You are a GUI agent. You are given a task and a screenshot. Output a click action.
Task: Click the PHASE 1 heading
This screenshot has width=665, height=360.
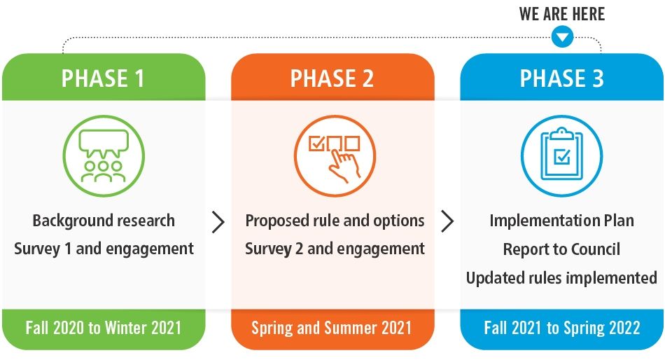click(103, 78)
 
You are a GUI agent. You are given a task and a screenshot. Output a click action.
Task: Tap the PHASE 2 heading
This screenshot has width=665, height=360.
click(332, 78)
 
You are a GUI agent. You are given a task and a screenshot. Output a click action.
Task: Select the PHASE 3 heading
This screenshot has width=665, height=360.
click(562, 78)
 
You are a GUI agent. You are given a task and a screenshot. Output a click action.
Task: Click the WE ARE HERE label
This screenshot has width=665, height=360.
click(562, 14)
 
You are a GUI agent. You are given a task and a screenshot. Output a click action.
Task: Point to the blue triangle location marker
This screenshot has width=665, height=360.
click(562, 37)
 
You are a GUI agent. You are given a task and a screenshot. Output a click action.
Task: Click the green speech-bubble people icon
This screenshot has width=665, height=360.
click(104, 155)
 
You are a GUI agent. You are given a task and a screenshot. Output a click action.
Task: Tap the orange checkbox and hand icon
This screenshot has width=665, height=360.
click(335, 155)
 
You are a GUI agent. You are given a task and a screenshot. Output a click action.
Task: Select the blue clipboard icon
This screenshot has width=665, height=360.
click(562, 155)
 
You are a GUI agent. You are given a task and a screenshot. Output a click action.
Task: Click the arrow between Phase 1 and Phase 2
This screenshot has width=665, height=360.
click(218, 221)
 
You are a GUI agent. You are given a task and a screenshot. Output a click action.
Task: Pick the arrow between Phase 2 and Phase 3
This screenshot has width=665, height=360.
click(447, 221)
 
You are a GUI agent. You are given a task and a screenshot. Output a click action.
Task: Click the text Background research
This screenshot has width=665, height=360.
click(104, 221)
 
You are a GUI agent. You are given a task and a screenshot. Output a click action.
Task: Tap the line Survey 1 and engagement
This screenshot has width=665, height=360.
click(104, 249)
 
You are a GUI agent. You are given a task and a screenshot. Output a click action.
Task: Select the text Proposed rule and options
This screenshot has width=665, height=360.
click(335, 221)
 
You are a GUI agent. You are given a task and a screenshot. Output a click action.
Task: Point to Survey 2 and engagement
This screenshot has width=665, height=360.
click(335, 249)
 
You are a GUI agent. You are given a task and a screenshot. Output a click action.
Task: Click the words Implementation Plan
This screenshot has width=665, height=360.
click(562, 221)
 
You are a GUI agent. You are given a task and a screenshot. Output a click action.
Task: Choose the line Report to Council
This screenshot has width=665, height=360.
click(562, 249)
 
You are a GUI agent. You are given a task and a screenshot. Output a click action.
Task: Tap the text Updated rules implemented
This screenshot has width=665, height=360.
click(562, 277)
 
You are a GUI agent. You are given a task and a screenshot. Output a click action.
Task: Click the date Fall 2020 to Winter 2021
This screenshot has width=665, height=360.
click(104, 328)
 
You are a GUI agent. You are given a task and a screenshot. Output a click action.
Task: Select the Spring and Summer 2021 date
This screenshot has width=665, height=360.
click(332, 328)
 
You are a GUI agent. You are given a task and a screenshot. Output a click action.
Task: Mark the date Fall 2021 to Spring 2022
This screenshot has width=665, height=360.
click(562, 328)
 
